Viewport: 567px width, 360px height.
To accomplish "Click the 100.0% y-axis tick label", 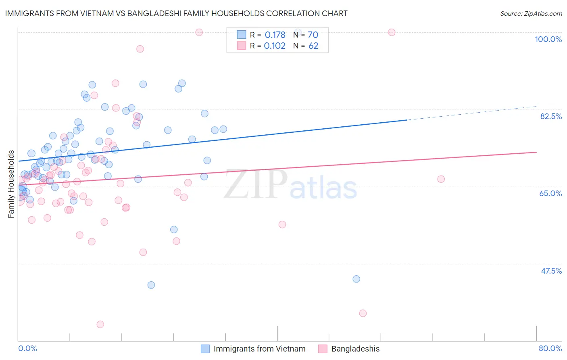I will coord(548,39).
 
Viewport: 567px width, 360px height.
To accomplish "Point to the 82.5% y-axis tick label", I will coord(551,116).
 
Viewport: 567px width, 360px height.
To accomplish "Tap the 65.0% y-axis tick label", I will coord(550,193).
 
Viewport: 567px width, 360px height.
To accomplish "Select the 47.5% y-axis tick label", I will coord(551,271).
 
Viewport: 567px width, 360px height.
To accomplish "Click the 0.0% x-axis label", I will coord(27,348).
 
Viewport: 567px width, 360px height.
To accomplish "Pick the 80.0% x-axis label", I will coord(550,348).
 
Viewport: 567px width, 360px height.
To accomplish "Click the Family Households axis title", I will coord(11,184).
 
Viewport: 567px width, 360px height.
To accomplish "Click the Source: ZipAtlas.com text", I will coord(531,13).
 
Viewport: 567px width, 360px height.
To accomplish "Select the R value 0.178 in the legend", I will coord(275,35).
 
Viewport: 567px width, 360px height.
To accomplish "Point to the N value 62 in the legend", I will coord(313,46).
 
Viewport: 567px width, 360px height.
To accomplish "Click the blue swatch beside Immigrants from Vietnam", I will coord(205,349).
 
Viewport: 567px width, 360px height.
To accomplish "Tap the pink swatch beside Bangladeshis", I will coord(323,349).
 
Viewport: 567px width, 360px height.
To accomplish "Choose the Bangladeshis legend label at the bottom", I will coord(355,349).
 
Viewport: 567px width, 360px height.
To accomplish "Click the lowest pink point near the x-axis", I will coord(100,324).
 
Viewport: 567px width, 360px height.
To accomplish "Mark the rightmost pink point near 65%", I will coord(441,179).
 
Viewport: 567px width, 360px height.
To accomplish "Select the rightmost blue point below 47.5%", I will coord(356,279).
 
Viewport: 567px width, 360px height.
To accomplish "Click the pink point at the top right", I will coord(391,32).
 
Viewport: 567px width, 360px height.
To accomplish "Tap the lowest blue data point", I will coord(151,285).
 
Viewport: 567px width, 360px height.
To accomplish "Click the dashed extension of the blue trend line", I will coord(472,113).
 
